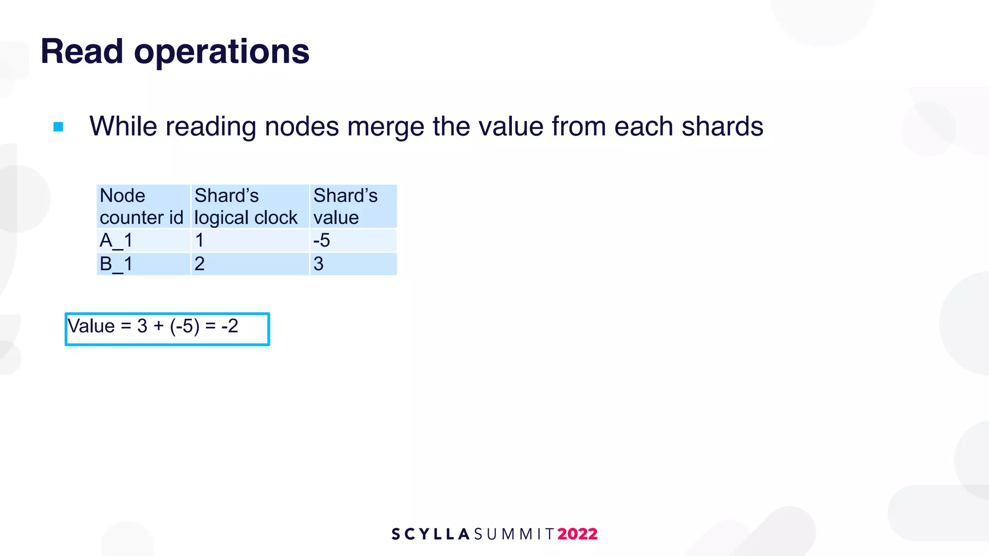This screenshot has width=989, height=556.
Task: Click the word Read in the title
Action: (82, 51)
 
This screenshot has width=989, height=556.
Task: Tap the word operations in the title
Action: (222, 52)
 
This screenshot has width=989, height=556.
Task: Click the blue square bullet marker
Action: (58, 127)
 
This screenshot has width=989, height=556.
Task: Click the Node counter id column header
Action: (142, 207)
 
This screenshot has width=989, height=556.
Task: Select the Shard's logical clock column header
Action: (246, 207)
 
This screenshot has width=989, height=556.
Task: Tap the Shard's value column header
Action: (346, 207)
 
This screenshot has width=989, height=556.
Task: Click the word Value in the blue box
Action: (91, 326)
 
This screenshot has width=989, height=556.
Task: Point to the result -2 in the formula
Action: (230, 326)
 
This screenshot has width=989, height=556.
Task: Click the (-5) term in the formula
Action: (184, 326)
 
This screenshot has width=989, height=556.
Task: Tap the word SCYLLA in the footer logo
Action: (430, 534)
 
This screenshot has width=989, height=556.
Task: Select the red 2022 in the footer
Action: (578, 534)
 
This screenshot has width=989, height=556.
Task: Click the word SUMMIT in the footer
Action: (514, 534)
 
